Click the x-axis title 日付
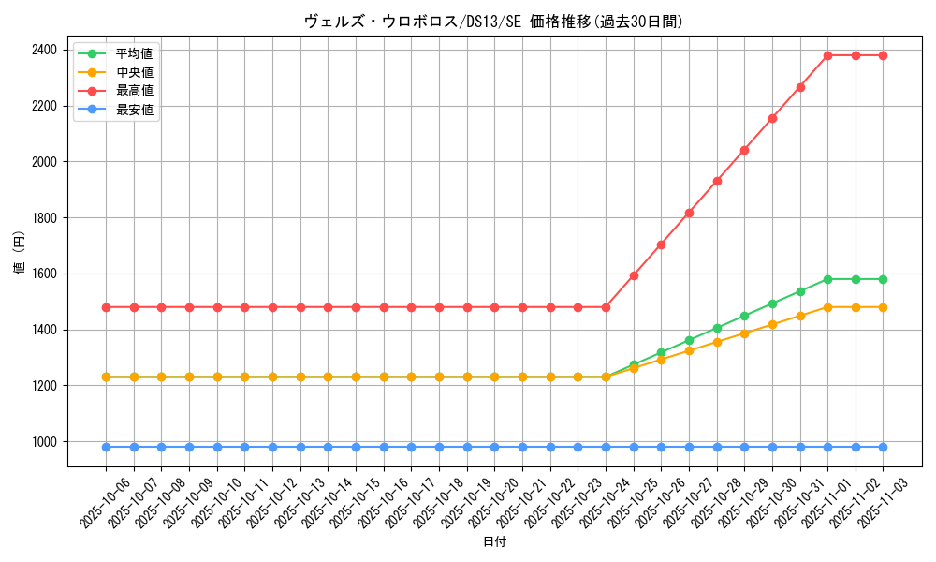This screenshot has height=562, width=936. [x=494, y=542]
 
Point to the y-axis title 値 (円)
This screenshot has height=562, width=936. [x=19, y=252]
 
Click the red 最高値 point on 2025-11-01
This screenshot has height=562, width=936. [x=827, y=55]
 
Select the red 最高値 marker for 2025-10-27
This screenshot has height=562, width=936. [x=689, y=213]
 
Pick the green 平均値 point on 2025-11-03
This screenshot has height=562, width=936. [x=883, y=279]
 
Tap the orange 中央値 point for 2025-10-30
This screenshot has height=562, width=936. [x=772, y=325]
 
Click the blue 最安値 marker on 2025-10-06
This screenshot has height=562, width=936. [x=106, y=447]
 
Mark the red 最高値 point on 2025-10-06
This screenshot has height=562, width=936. [x=106, y=307]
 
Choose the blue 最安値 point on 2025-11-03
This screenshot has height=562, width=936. [x=883, y=447]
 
